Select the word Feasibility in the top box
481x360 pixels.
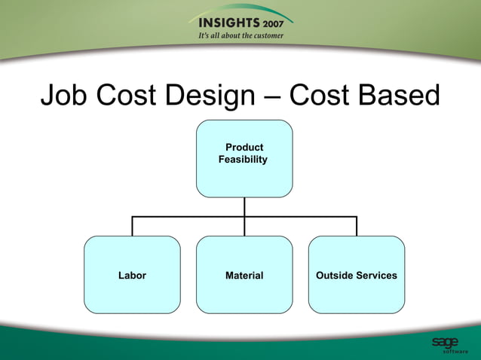pos(243,160)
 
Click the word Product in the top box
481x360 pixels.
pos(244,148)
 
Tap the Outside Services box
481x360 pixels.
pos(357,294)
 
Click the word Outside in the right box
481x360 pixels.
pos(335,276)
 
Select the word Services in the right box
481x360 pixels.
pos(376,276)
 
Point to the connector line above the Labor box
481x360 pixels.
pos(133,226)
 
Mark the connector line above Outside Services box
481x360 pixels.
pos(357,226)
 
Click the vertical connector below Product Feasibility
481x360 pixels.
pos(244,206)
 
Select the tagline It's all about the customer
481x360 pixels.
pos(240,35)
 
